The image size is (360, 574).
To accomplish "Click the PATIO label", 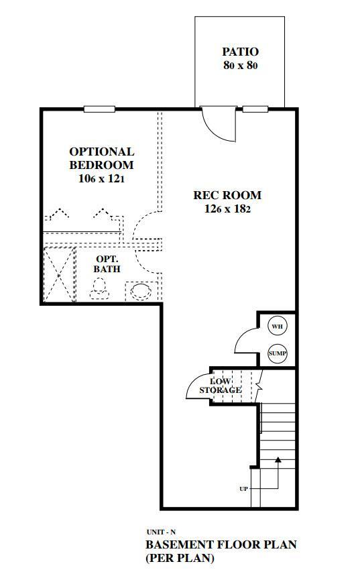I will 240,52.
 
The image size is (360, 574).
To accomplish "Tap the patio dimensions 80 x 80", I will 240,66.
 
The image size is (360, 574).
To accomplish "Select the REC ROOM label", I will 227,196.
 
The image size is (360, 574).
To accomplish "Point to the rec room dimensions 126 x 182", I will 227,209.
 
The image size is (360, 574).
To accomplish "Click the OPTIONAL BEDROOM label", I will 102,158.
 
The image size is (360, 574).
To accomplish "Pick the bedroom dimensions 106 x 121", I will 102,180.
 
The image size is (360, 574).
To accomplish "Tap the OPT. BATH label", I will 107,264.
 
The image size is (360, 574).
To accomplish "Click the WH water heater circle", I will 277,327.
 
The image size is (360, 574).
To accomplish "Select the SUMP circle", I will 277,353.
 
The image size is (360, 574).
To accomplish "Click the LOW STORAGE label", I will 220,386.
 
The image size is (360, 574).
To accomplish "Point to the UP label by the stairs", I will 243,489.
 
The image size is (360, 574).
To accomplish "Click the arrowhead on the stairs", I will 278,460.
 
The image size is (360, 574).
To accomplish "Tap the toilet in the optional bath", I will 99,289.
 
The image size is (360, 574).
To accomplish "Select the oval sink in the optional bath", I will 141,291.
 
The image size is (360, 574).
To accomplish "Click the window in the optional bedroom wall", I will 99,109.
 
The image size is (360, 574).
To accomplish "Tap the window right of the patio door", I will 255,109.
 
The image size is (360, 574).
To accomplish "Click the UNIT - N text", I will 158,532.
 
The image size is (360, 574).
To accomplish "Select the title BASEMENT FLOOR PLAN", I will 221,544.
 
